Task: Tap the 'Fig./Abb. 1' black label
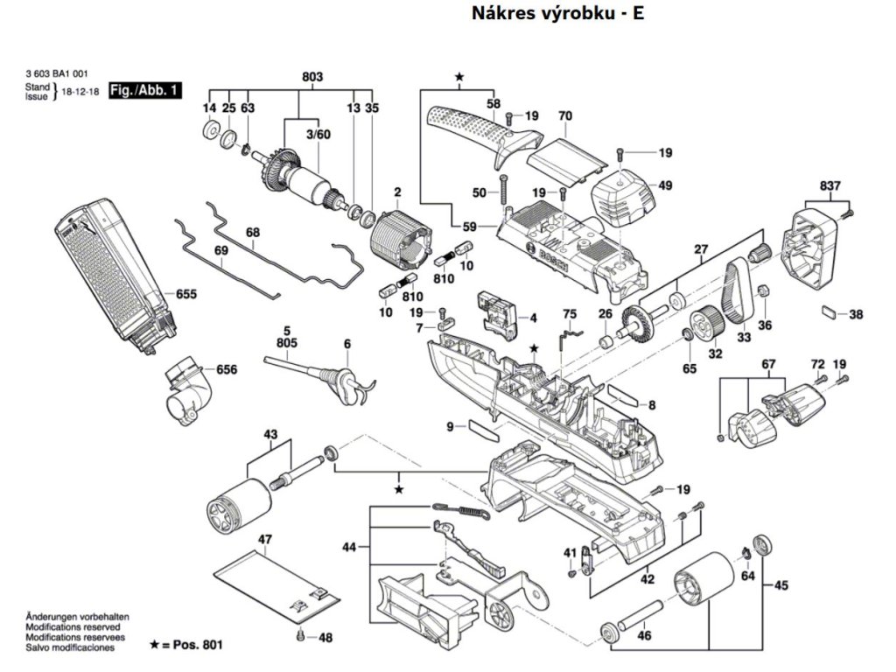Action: [144, 90]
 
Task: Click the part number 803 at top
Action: [312, 77]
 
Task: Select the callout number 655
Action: [185, 294]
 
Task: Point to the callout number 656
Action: [227, 370]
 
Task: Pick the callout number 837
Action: [830, 185]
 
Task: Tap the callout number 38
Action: [856, 314]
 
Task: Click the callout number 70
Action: [564, 115]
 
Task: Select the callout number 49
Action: [665, 185]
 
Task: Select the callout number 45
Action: [781, 585]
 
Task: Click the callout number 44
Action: [349, 547]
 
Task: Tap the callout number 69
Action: [221, 251]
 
